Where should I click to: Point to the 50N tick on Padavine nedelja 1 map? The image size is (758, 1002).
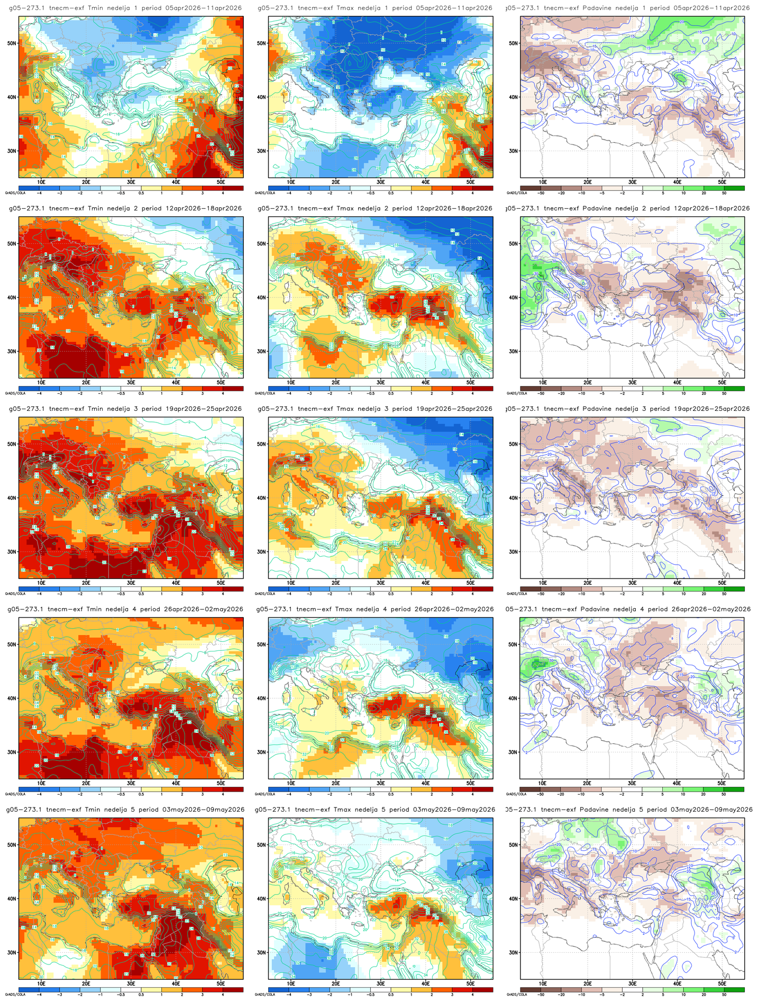513,43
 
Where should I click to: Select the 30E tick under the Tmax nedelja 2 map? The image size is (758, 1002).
380,382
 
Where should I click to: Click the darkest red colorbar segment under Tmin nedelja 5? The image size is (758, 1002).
233,989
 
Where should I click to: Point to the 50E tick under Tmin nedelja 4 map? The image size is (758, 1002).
221,783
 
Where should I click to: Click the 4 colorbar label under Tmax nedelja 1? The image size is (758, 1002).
472,193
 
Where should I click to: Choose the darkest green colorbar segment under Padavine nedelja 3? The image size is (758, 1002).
734,588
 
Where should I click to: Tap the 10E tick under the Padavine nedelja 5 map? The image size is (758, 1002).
542,983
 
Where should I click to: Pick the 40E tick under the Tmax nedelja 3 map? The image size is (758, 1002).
425,583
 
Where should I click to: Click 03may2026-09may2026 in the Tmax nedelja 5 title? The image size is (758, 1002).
454,810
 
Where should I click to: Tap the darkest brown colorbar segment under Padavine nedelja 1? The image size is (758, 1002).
531,188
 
